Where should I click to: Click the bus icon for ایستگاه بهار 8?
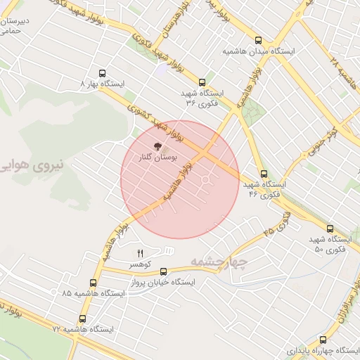(x=103, y=73)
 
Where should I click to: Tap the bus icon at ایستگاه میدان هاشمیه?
(x=259, y=40)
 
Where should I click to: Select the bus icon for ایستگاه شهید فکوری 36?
(x=202, y=82)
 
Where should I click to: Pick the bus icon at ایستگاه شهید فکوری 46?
(x=264, y=174)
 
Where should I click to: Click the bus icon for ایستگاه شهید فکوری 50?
(x=330, y=229)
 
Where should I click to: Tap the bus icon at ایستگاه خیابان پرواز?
(x=164, y=271)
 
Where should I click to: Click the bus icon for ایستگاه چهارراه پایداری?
(x=323, y=339)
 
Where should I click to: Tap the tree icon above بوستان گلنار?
(x=158, y=148)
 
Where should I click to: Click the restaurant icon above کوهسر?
(x=139, y=253)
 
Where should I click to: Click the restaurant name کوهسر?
(x=139, y=264)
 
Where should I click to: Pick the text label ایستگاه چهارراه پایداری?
(x=320, y=350)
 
